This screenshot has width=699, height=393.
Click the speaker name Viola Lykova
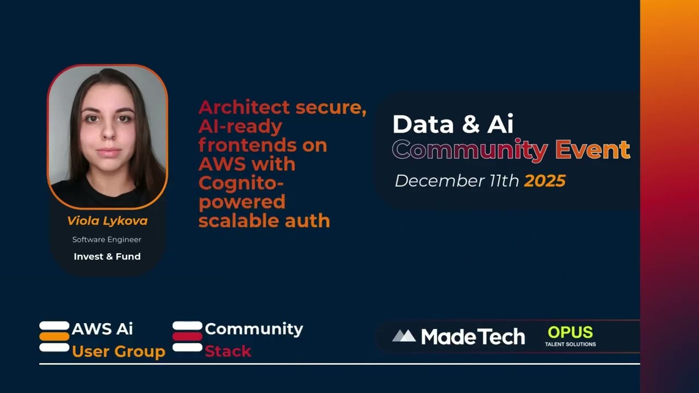pyautogui.click(x=107, y=221)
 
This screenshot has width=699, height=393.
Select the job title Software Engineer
pyautogui.click(x=107, y=240)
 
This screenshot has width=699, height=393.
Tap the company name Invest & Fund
pyautogui.click(x=107, y=257)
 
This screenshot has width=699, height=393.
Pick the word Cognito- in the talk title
pyautogui.click(x=241, y=182)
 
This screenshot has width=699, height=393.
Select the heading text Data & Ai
pyautogui.click(x=453, y=124)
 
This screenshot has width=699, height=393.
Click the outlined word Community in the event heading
pyautogui.click(x=470, y=150)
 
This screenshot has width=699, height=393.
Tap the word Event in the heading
pyautogui.click(x=593, y=150)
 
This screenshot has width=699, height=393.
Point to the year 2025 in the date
pyautogui.click(x=544, y=181)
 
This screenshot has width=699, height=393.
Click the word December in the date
pyautogui.click(x=429, y=181)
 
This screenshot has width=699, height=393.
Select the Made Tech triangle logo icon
pyautogui.click(x=404, y=336)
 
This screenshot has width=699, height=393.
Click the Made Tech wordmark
pyautogui.click(x=473, y=337)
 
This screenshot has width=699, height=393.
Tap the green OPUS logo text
pyautogui.click(x=570, y=332)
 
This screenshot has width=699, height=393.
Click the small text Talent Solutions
pyautogui.click(x=570, y=344)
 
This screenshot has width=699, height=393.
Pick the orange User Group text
pyautogui.click(x=119, y=352)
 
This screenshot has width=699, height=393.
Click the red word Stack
pyautogui.click(x=228, y=351)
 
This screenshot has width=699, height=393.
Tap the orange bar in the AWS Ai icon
pyautogui.click(x=54, y=337)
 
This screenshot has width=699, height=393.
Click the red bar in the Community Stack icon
pyautogui.click(x=187, y=337)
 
